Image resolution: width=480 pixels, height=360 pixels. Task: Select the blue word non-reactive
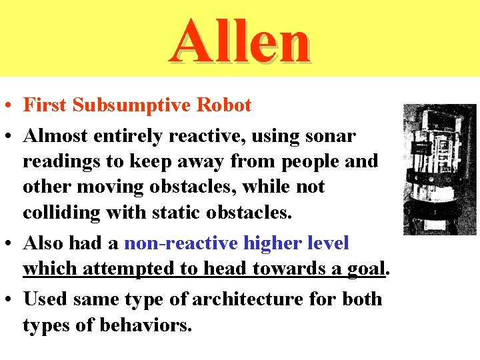181,243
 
